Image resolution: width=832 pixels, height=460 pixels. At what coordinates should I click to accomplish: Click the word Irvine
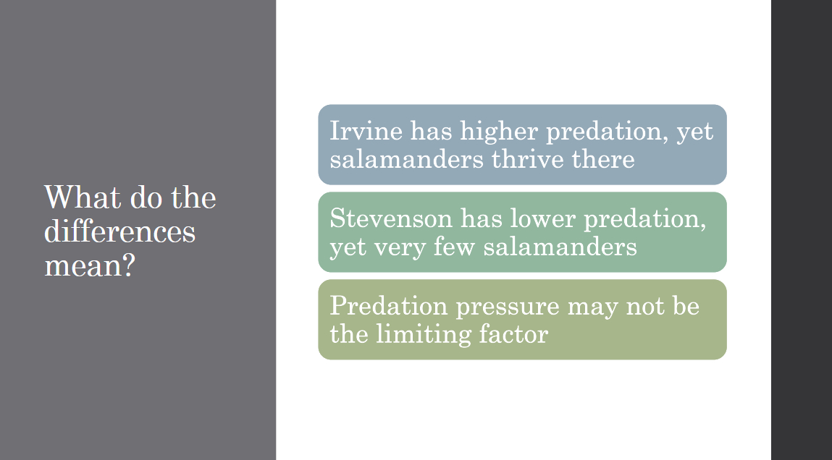tap(366, 131)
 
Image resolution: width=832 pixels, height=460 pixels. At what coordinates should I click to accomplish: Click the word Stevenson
tap(390, 218)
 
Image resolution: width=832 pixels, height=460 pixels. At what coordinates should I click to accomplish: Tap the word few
tap(454, 247)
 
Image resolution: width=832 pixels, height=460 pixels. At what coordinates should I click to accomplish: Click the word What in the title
tap(83, 197)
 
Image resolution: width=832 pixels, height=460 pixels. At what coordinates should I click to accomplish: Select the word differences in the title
tap(120, 231)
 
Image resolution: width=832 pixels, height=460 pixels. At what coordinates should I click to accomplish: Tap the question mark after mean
tap(129, 265)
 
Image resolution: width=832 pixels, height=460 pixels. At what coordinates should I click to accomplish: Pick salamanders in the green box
tap(560, 247)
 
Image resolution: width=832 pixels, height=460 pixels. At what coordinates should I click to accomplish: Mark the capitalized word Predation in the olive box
tap(389, 306)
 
